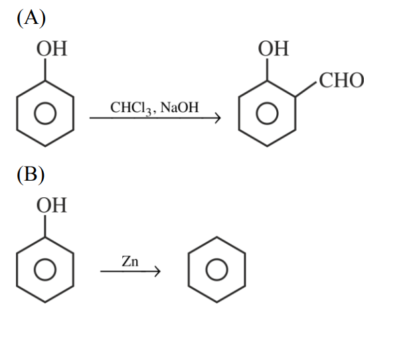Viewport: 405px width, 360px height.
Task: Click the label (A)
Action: [x=32, y=19]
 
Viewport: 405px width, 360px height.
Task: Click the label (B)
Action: [x=31, y=175]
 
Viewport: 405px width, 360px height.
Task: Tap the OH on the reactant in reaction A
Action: [x=52, y=49]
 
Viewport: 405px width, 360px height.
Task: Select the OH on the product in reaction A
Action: [x=274, y=49]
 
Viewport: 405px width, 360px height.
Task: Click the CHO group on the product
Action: [x=341, y=81]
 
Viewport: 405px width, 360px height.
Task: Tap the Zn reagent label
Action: [x=130, y=262]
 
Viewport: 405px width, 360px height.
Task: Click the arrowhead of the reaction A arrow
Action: [x=216, y=120]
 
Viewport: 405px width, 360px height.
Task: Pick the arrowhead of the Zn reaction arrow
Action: [x=157, y=272]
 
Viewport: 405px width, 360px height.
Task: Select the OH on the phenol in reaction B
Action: [x=52, y=205]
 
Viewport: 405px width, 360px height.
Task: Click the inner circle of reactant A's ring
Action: [x=45, y=114]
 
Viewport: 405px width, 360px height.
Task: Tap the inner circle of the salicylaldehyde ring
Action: [x=267, y=114]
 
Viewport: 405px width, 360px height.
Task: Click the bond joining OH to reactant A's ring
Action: [x=45, y=70]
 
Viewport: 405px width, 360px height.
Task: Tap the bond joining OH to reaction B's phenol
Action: [x=45, y=226]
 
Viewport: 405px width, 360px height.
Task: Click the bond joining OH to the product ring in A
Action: [x=267, y=70]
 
